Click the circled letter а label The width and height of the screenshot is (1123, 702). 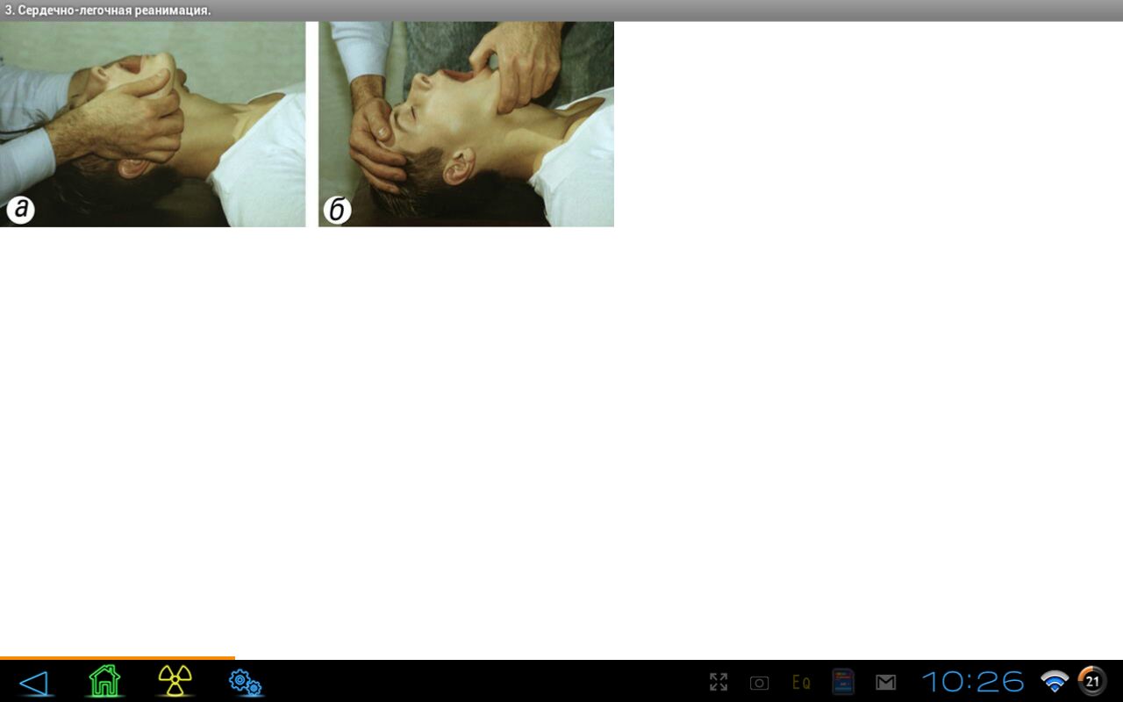coord(20,209)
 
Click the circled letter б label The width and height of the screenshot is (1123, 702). coord(337,209)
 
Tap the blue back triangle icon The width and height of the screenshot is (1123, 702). coord(34,683)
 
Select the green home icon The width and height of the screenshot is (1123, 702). coord(104,681)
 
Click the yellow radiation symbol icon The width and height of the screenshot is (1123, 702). coord(175,681)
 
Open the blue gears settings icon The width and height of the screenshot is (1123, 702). coord(245,683)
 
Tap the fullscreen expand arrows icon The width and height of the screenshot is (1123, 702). coord(719,682)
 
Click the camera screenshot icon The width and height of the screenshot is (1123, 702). coord(759,683)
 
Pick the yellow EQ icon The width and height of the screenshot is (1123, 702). coord(801,683)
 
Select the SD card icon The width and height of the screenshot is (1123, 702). coord(843,682)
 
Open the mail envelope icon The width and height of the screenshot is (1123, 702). coord(885,683)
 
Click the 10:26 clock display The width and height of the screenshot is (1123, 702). coord(973,682)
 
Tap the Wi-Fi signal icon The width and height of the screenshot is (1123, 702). coord(1055,682)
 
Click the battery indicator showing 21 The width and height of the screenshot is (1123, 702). coord(1092,682)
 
